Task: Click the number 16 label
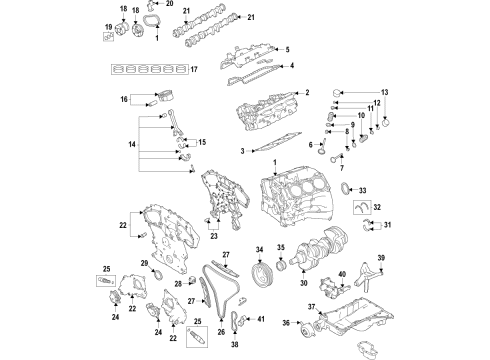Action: coord(125,99)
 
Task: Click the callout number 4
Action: coord(292,67)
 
